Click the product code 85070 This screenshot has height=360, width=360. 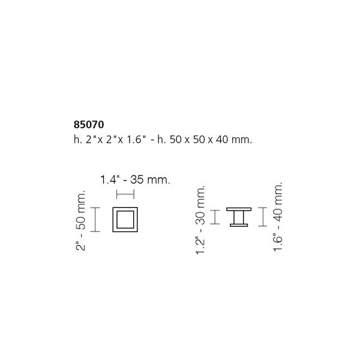pyautogui.click(x=88, y=126)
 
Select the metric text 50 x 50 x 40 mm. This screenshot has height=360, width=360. pyautogui.click(x=213, y=139)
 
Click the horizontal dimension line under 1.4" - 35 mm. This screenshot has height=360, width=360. pyautogui.click(x=125, y=193)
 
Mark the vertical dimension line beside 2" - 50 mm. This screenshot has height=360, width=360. pyautogui.click(x=95, y=219)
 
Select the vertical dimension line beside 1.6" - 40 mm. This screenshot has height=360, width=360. pyautogui.click(x=262, y=217)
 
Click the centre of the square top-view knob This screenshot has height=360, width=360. pyautogui.click(x=125, y=220)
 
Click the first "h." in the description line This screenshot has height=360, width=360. pyautogui.click(x=74, y=139)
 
